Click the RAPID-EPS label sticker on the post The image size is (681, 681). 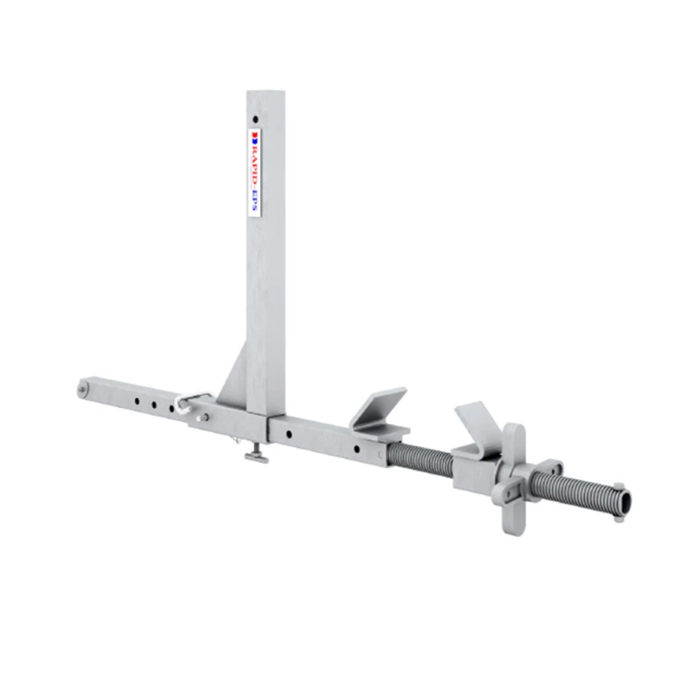tap(255, 172)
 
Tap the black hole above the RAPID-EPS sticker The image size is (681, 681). tap(255, 119)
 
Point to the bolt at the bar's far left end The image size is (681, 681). tap(82, 389)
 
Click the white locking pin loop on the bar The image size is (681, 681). tap(189, 401)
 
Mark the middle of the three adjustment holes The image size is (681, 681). tap(152, 402)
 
